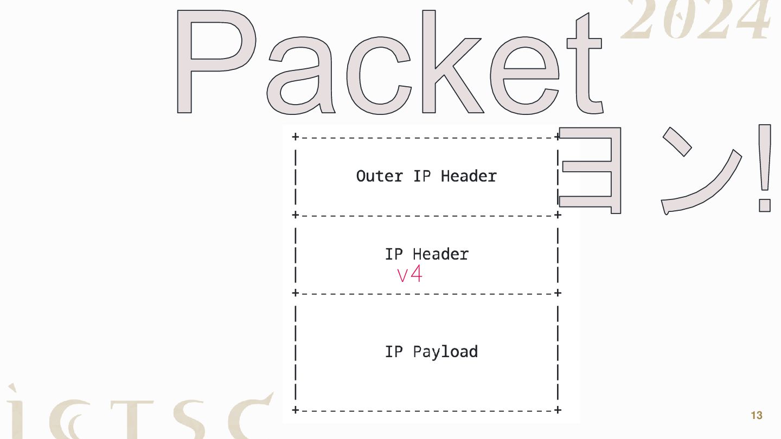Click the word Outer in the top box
pyautogui.click(x=379, y=176)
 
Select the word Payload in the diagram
pyautogui.click(x=445, y=352)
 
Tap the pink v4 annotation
pyautogui.click(x=409, y=274)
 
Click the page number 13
pyautogui.click(x=756, y=416)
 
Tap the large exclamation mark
pyautogui.click(x=765, y=168)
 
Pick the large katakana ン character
pyautogui.click(x=700, y=173)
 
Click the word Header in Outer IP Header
pyautogui.click(x=469, y=176)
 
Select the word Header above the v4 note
pyautogui.click(x=440, y=254)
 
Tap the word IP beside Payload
pyautogui.click(x=394, y=352)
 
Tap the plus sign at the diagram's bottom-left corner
pyautogui.click(x=295, y=410)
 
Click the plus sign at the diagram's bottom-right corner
pyautogui.click(x=558, y=410)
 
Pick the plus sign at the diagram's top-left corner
pyautogui.click(x=295, y=137)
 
